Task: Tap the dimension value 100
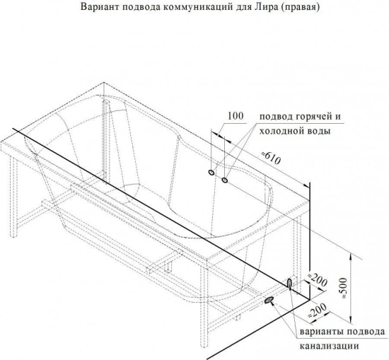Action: click(x=236, y=116)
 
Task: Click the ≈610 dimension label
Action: click(x=272, y=157)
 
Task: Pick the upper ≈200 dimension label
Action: click(x=318, y=280)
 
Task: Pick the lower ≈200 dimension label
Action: click(x=318, y=310)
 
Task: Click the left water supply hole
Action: click(x=211, y=173)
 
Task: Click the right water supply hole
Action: click(x=225, y=180)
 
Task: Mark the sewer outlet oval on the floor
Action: click(x=269, y=300)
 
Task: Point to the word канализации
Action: click(x=330, y=346)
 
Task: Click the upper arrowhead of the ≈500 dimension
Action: click(x=351, y=257)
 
